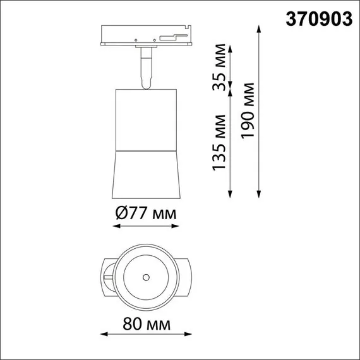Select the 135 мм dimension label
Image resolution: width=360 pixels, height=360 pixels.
219,143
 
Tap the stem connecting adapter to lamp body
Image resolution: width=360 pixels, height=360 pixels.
146,68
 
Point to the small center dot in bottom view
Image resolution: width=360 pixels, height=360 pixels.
146,277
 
